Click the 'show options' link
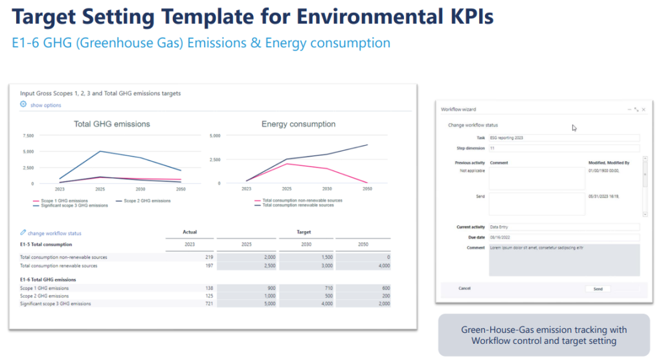pos(45,105)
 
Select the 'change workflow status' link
pos(54,233)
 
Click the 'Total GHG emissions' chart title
pos(111,124)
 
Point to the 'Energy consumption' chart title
pos(298,124)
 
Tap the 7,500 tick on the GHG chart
pos(28,136)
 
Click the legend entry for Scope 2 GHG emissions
pos(146,201)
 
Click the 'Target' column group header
pos(303,232)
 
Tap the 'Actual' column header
pos(190,232)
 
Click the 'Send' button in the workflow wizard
pos(598,289)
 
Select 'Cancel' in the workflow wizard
pos(464,288)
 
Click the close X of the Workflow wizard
pos(643,110)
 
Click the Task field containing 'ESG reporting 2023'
pos(563,138)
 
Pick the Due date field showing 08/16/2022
pos(563,238)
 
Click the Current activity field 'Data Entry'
pos(563,227)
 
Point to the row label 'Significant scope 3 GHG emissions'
pos(55,303)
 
